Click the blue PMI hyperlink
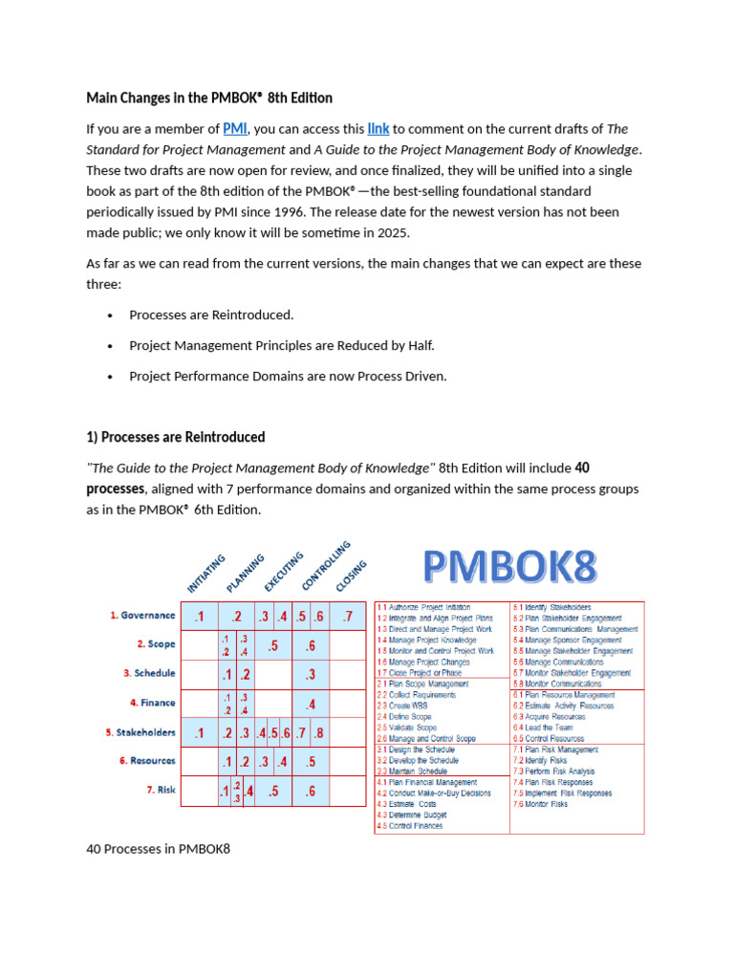click(x=235, y=129)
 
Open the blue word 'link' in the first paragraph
click(x=378, y=129)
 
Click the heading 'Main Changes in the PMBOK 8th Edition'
click(x=209, y=98)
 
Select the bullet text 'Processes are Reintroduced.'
click(x=211, y=315)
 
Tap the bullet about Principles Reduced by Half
click(x=274, y=345)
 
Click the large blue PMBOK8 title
click(x=510, y=567)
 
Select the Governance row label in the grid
click(x=141, y=616)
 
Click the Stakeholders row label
click(x=141, y=732)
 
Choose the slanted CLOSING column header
click(x=351, y=577)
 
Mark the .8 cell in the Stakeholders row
click(x=318, y=733)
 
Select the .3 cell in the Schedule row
click(x=311, y=675)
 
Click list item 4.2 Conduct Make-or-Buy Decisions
click(x=433, y=793)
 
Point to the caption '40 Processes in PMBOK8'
click(x=158, y=848)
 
